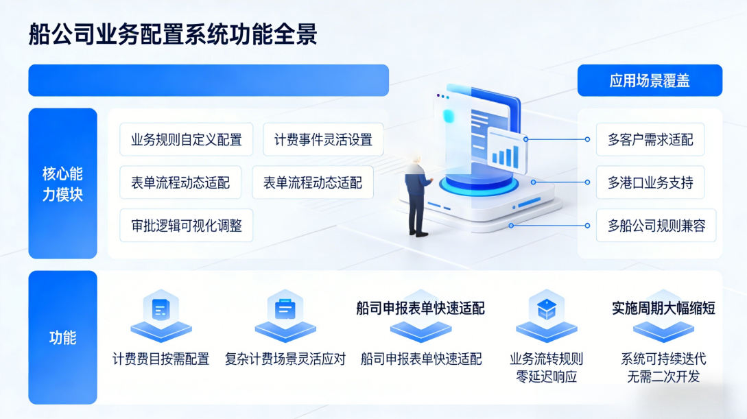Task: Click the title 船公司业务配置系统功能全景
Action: click(173, 33)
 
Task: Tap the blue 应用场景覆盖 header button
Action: click(650, 81)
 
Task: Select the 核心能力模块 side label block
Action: click(62, 183)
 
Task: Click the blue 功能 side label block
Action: click(62, 337)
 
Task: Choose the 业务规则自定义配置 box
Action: click(187, 140)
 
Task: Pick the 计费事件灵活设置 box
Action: click(323, 140)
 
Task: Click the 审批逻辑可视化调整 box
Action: click(187, 226)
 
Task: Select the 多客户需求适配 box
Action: click(650, 140)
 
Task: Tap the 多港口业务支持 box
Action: click(650, 182)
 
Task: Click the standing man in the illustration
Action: click(416, 195)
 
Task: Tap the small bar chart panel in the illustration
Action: click(506, 152)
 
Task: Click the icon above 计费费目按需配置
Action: click(161, 313)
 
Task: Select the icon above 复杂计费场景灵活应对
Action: click(285, 313)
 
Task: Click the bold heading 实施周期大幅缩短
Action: click(663, 308)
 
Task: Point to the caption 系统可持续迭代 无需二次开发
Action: click(663, 368)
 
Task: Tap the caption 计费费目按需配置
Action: click(161, 359)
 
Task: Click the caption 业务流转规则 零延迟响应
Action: click(546, 368)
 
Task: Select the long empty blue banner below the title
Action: click(209, 80)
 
